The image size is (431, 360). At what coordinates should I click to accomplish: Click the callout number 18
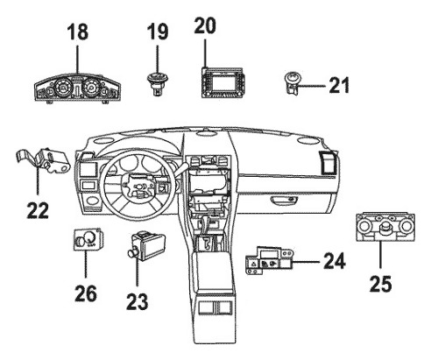[78, 32]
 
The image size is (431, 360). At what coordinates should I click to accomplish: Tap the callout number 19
[158, 32]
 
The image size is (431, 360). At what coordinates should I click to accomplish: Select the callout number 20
[205, 26]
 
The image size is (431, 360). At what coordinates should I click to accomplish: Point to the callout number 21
[339, 86]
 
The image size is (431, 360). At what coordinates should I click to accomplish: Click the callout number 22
[38, 210]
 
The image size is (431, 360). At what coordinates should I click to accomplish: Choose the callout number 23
[138, 301]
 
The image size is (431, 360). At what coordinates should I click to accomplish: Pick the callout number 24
[335, 261]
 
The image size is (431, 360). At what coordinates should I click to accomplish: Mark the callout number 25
[380, 284]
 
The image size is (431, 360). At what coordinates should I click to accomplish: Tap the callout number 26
[86, 293]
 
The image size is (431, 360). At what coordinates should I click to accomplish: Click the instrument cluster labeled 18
[77, 88]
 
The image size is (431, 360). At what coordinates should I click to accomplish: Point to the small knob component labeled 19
[157, 82]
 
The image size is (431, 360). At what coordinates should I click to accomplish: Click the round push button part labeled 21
[292, 82]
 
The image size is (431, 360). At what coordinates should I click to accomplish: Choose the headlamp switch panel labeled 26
[88, 239]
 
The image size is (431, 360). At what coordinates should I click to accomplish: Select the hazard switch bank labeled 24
[269, 261]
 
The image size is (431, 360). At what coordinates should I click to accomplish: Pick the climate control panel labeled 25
[385, 228]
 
